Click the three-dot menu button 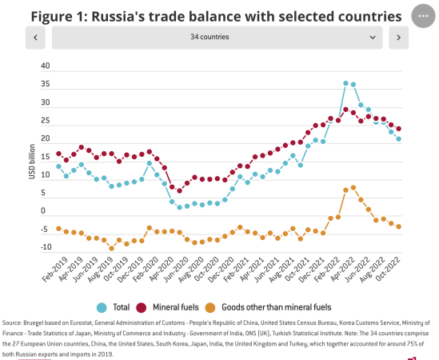(421, 17)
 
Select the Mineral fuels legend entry (172, 307)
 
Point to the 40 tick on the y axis (45, 66)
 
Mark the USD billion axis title (33, 158)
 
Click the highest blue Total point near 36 (345, 83)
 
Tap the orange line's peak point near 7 (353, 187)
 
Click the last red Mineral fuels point (398, 129)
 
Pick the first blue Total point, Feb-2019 (58, 167)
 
